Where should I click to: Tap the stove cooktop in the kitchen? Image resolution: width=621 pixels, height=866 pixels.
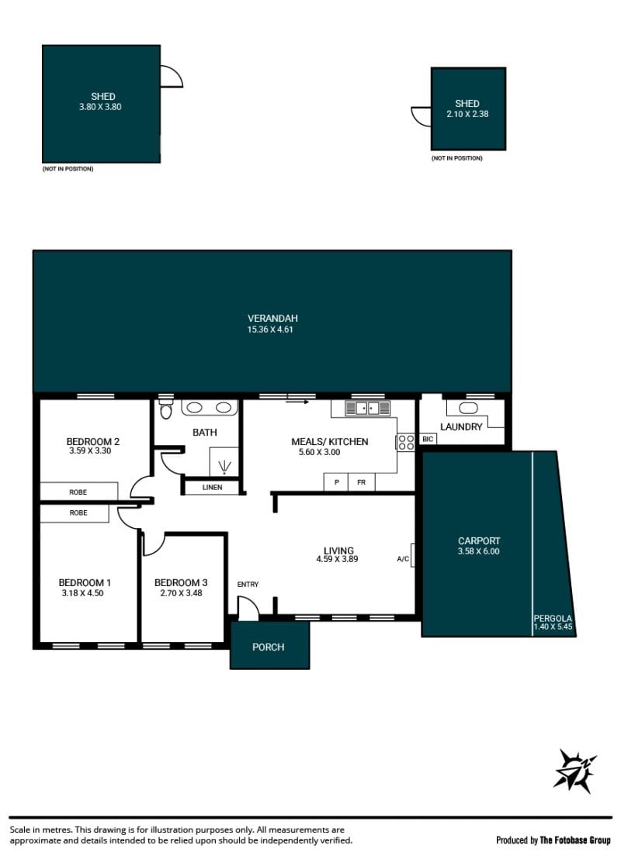[406, 443]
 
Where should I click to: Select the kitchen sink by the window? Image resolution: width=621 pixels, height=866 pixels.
[368, 408]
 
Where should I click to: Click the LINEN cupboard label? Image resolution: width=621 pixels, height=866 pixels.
[213, 487]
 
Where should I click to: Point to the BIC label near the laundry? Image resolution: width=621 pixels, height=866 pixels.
[428, 439]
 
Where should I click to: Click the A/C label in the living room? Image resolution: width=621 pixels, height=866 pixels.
[403, 559]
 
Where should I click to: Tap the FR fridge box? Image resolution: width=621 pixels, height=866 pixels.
[361, 482]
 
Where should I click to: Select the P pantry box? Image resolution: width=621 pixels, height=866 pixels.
[336, 482]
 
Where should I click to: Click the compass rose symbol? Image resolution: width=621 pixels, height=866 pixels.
[574, 771]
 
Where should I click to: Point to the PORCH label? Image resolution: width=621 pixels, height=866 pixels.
[269, 647]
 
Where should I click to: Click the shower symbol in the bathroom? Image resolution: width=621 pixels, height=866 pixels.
[224, 468]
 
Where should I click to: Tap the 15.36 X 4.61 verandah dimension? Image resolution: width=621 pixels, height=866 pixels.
[270, 329]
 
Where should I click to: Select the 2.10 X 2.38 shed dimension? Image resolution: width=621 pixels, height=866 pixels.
[468, 114]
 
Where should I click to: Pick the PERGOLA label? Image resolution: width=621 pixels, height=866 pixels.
[553, 619]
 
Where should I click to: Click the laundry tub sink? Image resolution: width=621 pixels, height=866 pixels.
[468, 408]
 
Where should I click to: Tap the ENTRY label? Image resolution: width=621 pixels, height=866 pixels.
[248, 584]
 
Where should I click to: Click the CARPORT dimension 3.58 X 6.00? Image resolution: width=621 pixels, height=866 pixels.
[479, 551]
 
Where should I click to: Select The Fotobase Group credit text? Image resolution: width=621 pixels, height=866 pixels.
[575, 840]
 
